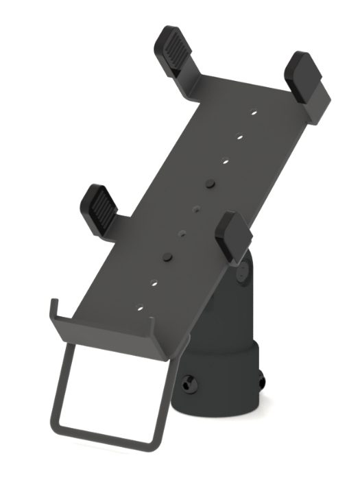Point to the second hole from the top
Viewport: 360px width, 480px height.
(240, 137)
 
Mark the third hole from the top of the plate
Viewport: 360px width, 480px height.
(225, 162)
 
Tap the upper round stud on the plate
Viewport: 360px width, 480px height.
(210, 184)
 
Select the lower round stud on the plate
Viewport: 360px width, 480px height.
(167, 256)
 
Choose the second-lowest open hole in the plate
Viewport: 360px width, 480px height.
(154, 281)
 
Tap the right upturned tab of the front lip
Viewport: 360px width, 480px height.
(172, 343)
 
